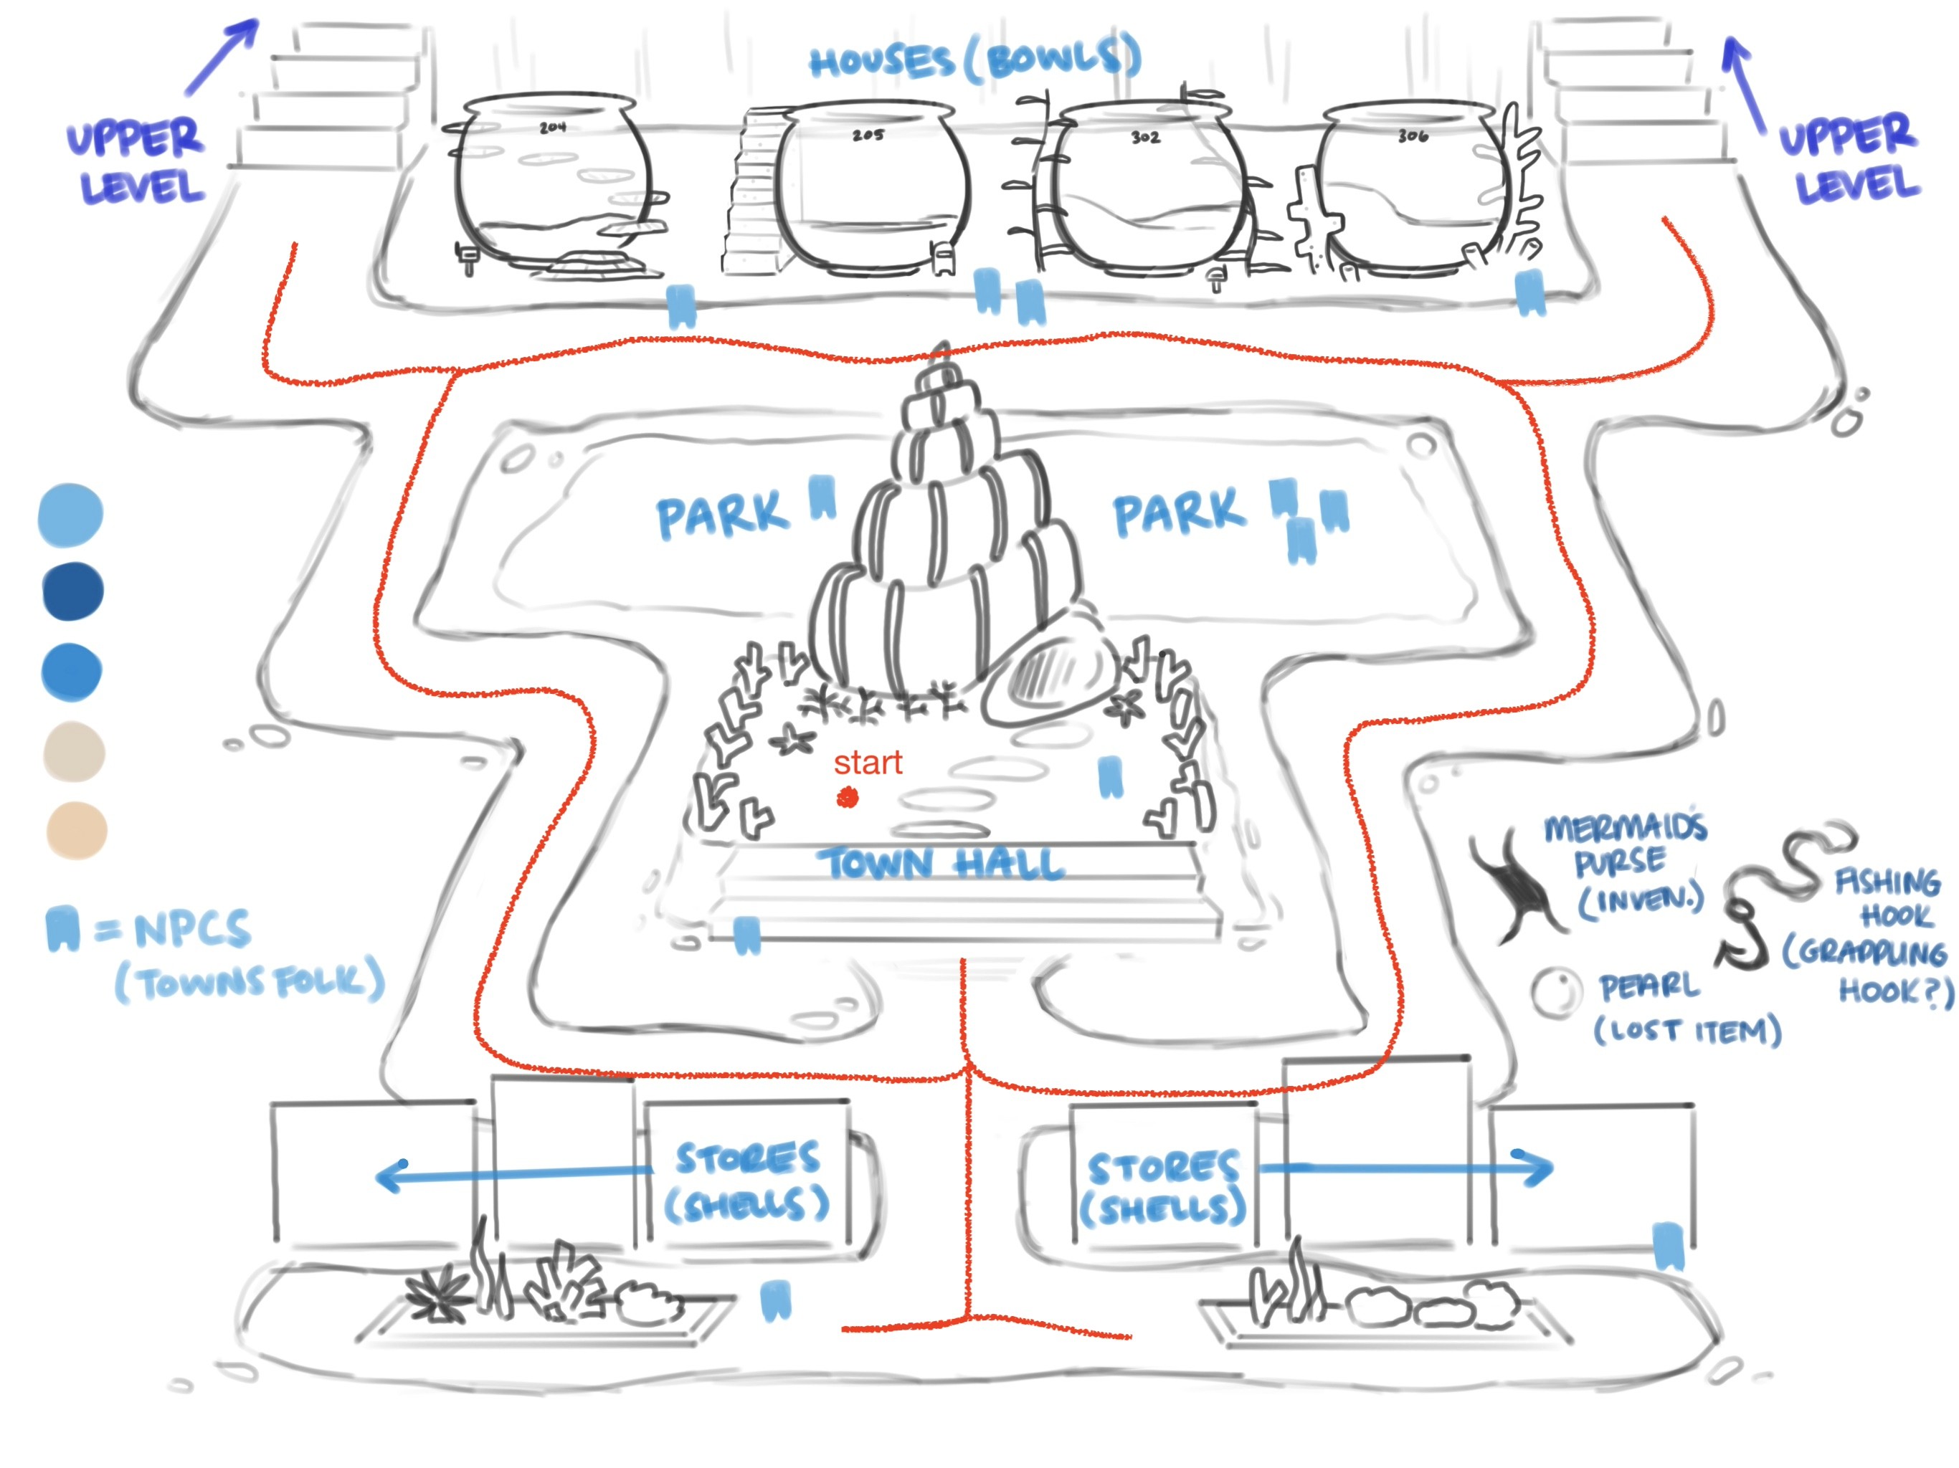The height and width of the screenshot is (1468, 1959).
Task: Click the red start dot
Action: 848,799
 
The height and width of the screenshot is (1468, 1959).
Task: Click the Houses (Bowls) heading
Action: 974,60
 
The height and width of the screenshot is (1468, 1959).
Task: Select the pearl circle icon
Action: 1556,991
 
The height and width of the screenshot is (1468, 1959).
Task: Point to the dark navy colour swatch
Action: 72,591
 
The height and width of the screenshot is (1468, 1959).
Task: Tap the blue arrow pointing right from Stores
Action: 1408,1168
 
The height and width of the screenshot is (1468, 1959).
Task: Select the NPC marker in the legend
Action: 62,928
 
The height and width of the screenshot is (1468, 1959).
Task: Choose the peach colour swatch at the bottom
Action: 76,831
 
